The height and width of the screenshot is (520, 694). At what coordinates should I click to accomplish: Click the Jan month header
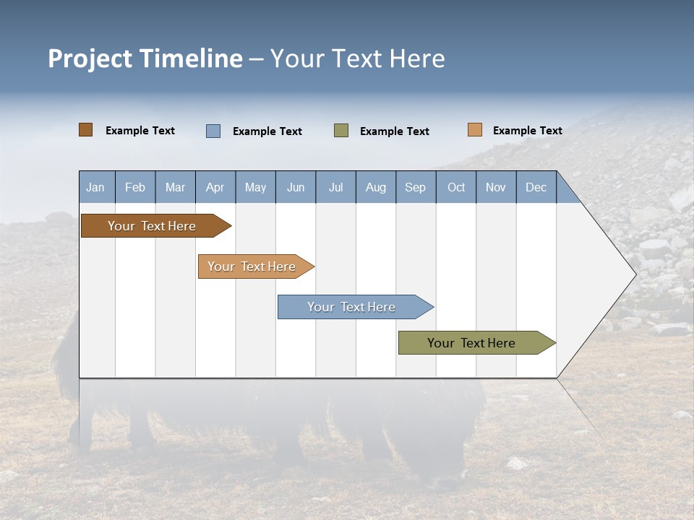coord(96,187)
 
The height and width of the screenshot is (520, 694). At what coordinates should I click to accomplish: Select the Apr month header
coord(215,187)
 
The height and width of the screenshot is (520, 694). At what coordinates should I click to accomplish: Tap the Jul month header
coord(335,187)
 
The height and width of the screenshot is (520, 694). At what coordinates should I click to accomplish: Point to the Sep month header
coord(416,187)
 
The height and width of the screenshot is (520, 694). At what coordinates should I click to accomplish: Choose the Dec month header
coord(536,187)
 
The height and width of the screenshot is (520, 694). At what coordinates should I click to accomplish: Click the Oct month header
coord(456,187)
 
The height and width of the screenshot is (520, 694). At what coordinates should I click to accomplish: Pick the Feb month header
coord(135,187)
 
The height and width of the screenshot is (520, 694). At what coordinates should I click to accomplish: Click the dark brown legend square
coord(86,130)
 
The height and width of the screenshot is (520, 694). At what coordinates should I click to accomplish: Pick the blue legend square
coord(213,131)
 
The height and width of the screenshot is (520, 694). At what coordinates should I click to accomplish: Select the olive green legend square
coord(341,131)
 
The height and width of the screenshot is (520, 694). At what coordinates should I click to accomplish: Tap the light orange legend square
coord(475,130)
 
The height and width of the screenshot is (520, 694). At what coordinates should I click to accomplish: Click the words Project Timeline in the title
coord(145,58)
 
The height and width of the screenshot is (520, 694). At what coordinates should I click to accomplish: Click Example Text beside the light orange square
coord(527,131)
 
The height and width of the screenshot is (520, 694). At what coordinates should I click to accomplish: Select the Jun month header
coord(296,187)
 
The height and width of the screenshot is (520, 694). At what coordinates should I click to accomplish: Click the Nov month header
coord(496,187)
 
